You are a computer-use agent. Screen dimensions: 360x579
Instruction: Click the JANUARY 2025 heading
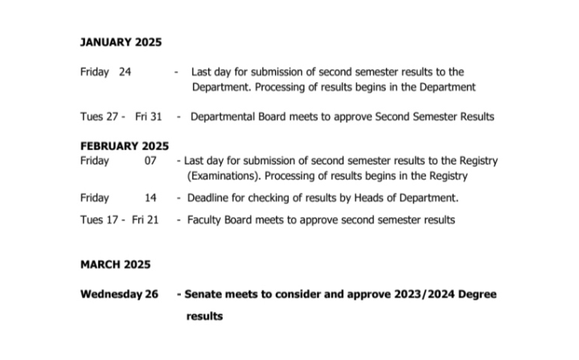pyautogui.click(x=120, y=43)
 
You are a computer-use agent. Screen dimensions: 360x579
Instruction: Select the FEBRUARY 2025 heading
pyautogui.click(x=125, y=146)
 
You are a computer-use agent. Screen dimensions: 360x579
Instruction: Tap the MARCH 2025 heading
pyautogui.click(x=115, y=264)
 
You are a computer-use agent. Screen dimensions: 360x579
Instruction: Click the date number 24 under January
pyautogui.click(x=125, y=72)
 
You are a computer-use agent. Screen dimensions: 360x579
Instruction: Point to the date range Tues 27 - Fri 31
pyautogui.click(x=121, y=117)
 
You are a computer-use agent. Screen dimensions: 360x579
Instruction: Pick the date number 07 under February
pyautogui.click(x=150, y=161)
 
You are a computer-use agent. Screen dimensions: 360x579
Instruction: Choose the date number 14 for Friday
pyautogui.click(x=150, y=198)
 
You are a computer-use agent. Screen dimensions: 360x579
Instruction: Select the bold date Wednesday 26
pyautogui.click(x=119, y=294)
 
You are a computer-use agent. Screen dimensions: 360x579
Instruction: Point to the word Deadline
pyautogui.click(x=210, y=198)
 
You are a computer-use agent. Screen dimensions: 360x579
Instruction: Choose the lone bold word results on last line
pyautogui.click(x=204, y=317)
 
